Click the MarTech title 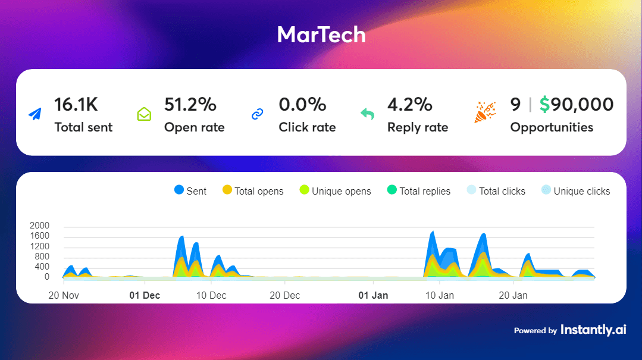321,35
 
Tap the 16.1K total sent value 76,105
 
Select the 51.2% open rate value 190,105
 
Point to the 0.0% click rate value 302,105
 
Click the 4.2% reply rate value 409,105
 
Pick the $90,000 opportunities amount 576,105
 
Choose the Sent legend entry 190,191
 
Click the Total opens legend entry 253,191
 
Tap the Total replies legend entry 418,191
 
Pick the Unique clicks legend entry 575,191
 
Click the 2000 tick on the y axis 39,226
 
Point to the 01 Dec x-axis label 145,295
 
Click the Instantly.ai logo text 593,330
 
